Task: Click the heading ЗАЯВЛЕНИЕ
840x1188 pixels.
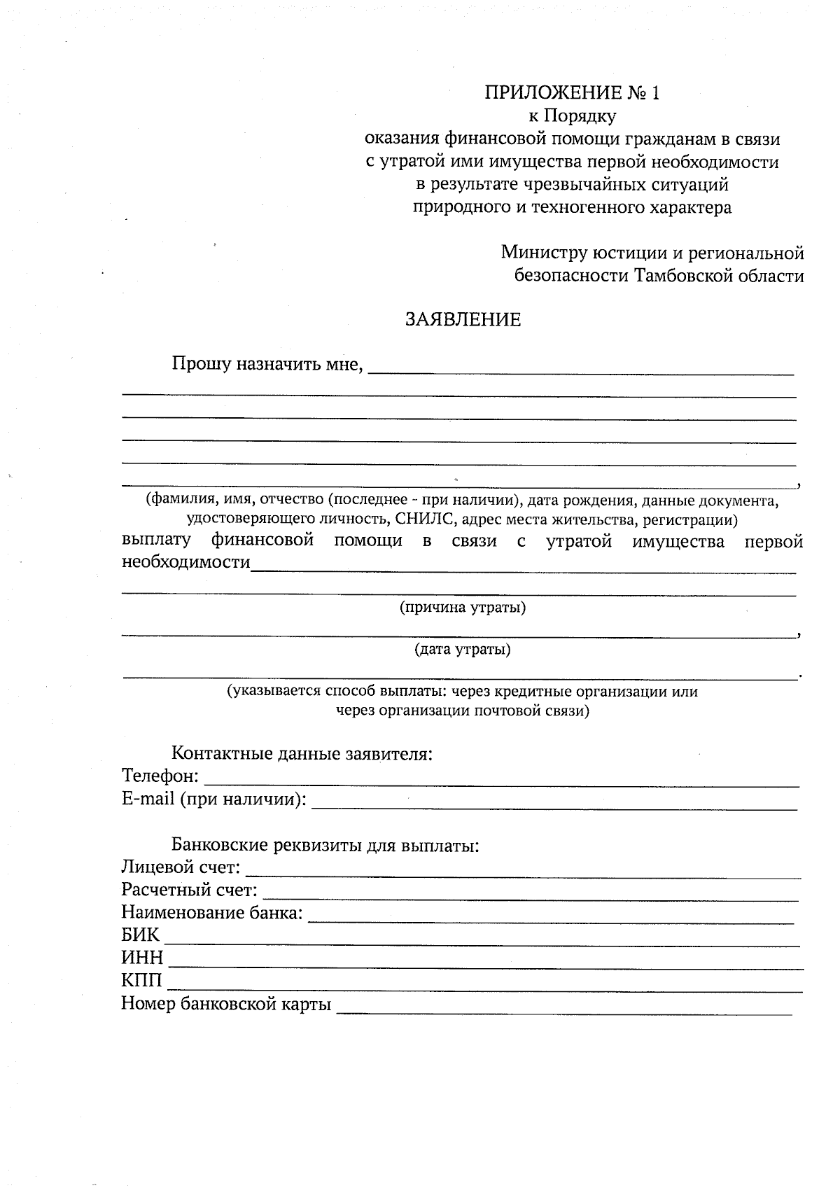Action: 463,320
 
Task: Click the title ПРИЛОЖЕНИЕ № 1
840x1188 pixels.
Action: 572,93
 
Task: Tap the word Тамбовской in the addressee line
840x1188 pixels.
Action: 681,276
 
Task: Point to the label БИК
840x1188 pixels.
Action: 140,935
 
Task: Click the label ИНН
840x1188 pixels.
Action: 142,958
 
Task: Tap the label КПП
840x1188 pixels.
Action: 141,981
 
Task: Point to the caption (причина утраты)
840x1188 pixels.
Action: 463,607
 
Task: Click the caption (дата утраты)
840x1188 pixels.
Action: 463,650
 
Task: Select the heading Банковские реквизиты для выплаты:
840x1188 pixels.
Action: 325,845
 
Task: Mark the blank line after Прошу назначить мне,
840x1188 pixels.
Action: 581,370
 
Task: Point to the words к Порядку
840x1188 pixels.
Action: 572,116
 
